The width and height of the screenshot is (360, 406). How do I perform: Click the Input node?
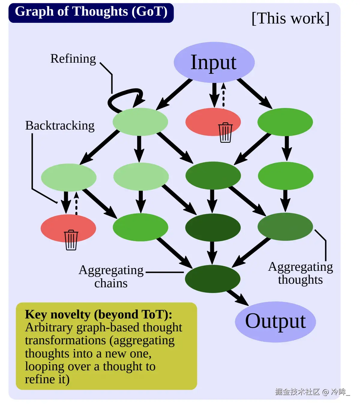point(214,62)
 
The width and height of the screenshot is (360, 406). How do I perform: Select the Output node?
point(275,322)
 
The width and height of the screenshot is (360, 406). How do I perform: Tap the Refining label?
point(73,59)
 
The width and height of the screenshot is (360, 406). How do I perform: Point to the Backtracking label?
point(60,126)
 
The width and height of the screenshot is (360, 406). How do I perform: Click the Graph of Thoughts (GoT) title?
point(91,11)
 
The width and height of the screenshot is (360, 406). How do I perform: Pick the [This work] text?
point(290,18)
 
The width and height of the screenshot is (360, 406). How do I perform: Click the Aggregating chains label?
point(111,276)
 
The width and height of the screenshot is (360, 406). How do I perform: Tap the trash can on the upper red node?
point(225,133)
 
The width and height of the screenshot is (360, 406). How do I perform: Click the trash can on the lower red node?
point(71,240)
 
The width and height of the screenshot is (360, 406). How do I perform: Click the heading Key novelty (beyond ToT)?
point(98,315)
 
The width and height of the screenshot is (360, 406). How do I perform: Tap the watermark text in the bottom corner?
point(313,392)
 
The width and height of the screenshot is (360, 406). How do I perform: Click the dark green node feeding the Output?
point(213,279)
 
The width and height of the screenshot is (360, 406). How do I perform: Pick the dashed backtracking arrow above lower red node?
point(76,203)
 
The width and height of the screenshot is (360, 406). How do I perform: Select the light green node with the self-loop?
point(140,122)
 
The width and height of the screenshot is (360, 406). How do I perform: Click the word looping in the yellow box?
point(44,366)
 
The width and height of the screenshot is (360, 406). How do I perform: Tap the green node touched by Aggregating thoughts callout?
point(285,227)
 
